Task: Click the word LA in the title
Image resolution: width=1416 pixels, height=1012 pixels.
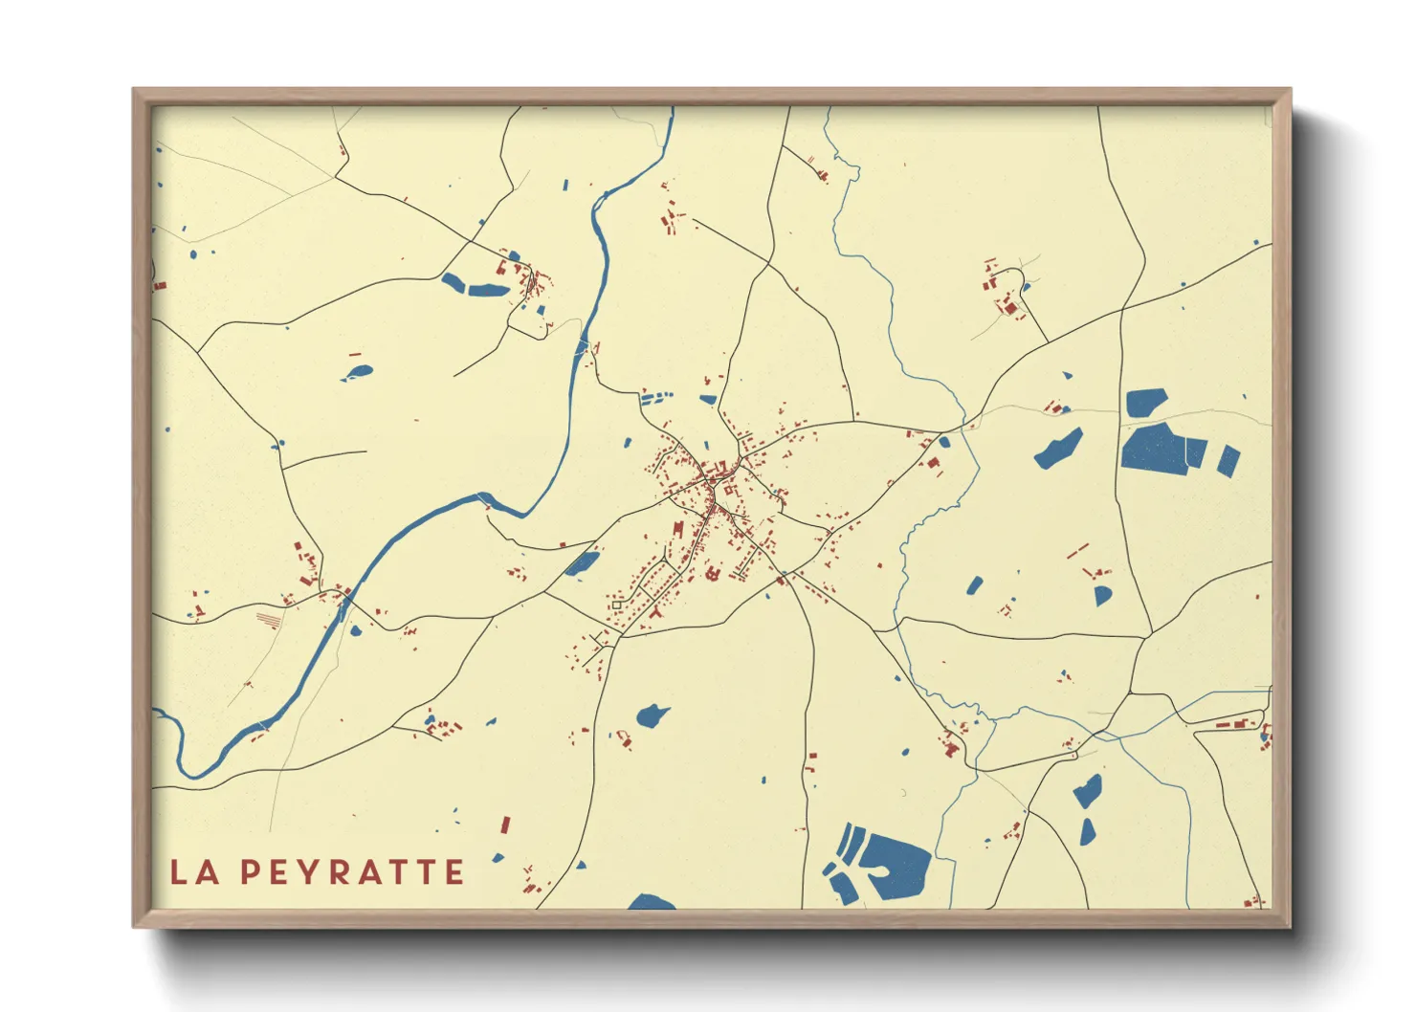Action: pyautogui.click(x=194, y=872)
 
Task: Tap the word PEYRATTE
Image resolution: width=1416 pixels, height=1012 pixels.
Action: pyautogui.click(x=352, y=872)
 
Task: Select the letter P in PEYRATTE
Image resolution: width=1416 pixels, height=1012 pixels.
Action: pyautogui.click(x=250, y=872)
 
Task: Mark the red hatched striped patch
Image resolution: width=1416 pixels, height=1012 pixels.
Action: pyautogui.click(x=269, y=620)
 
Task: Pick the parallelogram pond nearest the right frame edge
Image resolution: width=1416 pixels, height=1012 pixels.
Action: pyautogui.click(x=1229, y=461)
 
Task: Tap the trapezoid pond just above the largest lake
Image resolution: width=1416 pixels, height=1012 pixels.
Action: pyautogui.click(x=1145, y=403)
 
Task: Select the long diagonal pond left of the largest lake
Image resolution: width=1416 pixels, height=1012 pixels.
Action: pyautogui.click(x=1059, y=449)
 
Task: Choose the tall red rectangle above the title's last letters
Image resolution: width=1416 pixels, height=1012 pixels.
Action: pyautogui.click(x=505, y=825)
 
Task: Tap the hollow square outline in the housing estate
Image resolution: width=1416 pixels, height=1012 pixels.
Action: pyautogui.click(x=617, y=605)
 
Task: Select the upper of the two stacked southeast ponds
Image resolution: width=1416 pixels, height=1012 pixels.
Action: pyautogui.click(x=1088, y=791)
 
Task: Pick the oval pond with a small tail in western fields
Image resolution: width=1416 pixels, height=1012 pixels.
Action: pyautogui.click(x=359, y=373)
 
